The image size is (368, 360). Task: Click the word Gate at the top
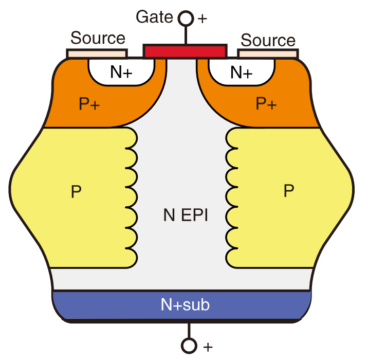pos(154,17)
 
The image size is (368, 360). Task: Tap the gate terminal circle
pos(186,19)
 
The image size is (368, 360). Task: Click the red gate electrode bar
pos(185,51)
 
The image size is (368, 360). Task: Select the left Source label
pos(98,38)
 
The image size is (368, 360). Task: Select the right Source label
pos(268,40)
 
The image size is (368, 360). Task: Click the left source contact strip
pos(97,53)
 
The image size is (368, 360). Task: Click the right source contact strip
pos(268,53)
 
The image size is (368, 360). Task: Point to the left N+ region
pos(121,72)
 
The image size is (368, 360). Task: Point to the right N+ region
pos(241,72)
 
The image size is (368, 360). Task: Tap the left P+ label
pos(89,103)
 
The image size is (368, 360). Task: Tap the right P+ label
pos(266,103)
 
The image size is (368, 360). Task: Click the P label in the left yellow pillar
pos(76,192)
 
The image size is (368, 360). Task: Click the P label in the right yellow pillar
pos(289,190)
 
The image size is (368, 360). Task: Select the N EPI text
pos(186,215)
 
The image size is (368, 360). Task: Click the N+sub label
pos(185,304)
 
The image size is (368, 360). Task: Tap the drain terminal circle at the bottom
pos(189,346)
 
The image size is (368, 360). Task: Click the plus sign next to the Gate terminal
pos(203,19)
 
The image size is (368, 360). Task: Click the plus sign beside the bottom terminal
pos(208,347)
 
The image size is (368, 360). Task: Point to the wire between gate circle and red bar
pos(186,35)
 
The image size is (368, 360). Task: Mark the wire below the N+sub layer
pos(189,330)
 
